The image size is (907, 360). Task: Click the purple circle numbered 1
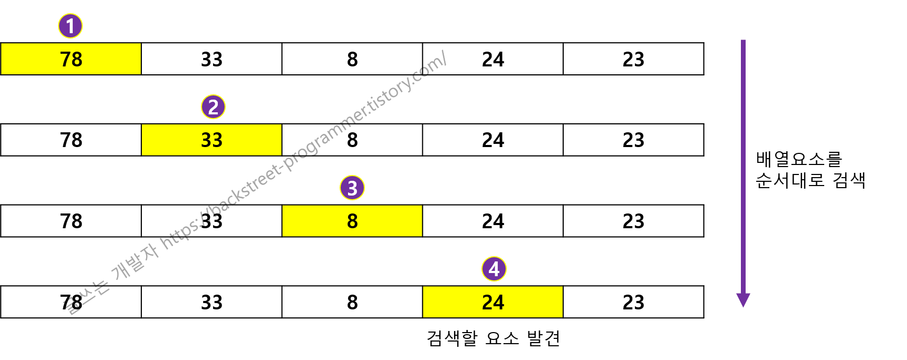(70, 26)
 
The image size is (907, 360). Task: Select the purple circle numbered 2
(213, 107)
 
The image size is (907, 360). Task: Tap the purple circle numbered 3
(352, 188)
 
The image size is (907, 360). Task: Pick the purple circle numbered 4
(494, 269)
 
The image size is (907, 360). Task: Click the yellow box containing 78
(71, 59)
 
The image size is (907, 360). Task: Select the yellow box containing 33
(211, 140)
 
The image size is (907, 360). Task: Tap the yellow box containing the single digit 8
(352, 221)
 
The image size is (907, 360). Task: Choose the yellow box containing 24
(493, 302)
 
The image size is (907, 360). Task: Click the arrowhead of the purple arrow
(743, 300)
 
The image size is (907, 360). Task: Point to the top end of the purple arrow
(743, 41)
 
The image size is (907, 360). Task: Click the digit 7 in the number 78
(65, 59)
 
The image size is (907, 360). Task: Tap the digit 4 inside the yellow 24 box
(499, 303)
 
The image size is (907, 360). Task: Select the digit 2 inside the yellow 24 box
(487, 303)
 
